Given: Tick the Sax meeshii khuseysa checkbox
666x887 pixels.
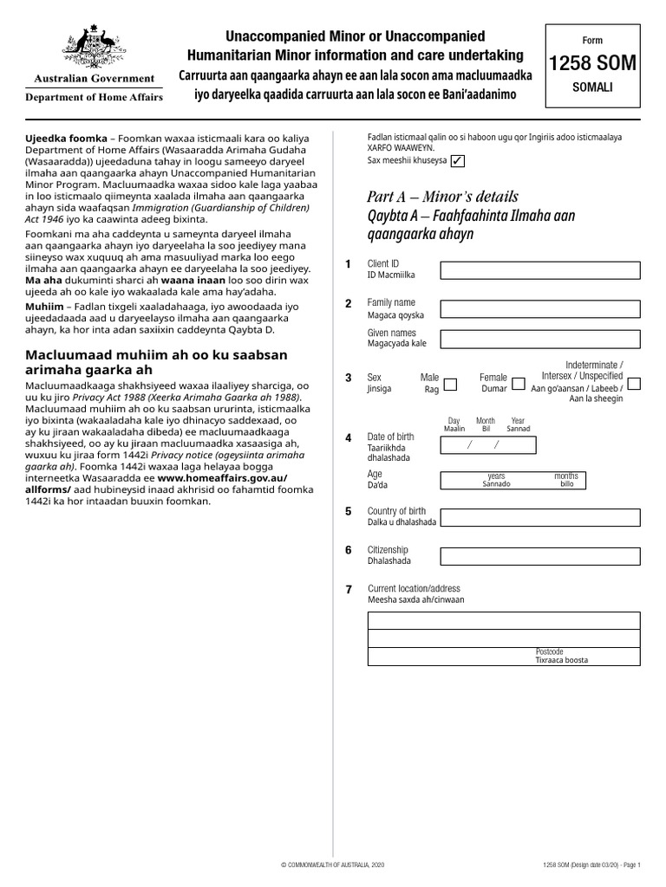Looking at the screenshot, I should tap(457, 161).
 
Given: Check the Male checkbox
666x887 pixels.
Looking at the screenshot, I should tap(452, 383).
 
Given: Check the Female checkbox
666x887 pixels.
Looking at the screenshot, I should tap(518, 383).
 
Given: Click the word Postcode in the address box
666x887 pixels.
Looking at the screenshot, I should tap(550, 651).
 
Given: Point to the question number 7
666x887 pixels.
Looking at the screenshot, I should tap(349, 590).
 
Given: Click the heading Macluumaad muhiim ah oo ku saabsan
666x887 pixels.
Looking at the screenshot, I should tap(156, 355).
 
